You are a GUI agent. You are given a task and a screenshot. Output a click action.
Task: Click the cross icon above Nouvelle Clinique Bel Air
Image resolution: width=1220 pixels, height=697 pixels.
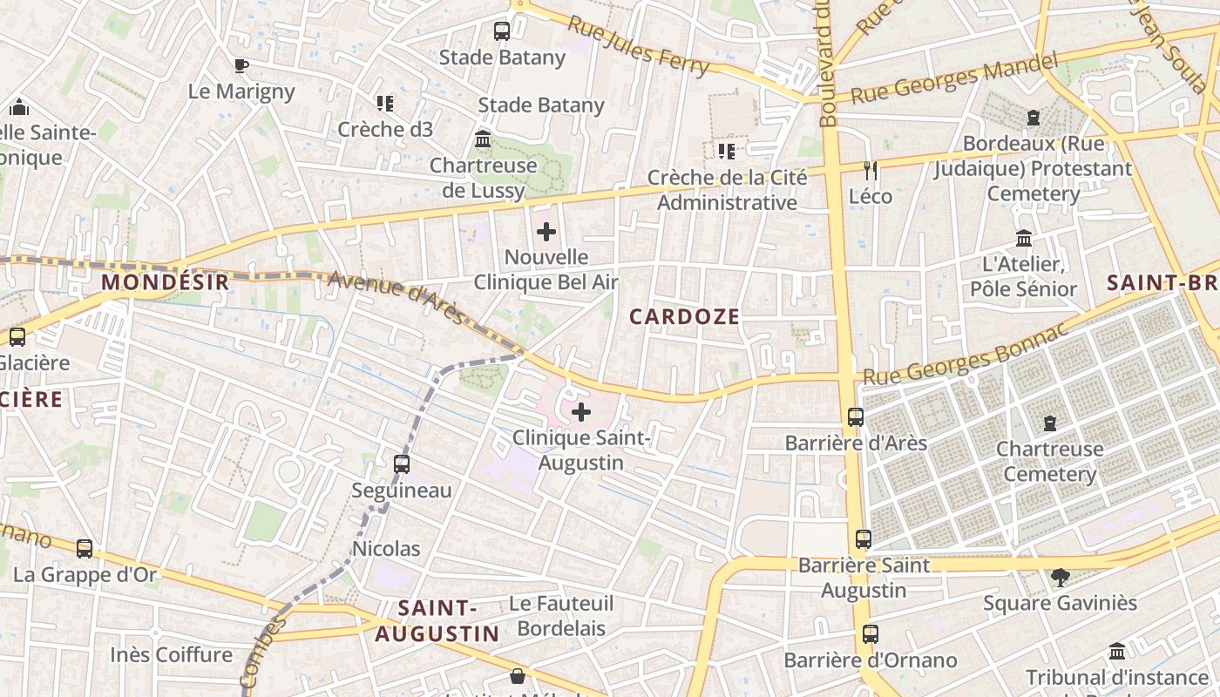click(546, 232)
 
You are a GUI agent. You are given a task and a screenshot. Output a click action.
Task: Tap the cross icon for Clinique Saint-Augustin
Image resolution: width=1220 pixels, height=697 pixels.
click(581, 412)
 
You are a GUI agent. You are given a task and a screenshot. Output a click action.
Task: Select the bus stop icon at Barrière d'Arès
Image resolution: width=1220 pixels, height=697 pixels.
click(856, 417)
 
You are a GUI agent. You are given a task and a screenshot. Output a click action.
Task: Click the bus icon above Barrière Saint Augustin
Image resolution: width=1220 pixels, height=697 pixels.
click(863, 539)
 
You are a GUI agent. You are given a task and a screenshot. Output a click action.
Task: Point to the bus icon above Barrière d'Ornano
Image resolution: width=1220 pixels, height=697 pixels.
click(870, 634)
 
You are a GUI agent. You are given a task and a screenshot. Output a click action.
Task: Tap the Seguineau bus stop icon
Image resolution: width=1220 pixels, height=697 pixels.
click(402, 464)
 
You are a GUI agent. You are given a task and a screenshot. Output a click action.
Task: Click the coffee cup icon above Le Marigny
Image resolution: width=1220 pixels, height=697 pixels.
click(241, 65)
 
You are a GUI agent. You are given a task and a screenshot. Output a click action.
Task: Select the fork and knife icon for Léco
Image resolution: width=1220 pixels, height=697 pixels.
click(870, 170)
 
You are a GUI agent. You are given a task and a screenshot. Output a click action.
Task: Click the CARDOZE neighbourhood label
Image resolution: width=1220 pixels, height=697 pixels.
click(684, 317)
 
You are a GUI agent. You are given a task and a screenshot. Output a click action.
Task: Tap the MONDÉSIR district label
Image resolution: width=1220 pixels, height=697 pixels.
click(166, 282)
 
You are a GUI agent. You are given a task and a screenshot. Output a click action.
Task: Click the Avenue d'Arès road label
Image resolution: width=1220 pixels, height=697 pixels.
click(396, 296)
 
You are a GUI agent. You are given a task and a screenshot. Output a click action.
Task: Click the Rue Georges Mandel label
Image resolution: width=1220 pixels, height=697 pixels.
click(954, 78)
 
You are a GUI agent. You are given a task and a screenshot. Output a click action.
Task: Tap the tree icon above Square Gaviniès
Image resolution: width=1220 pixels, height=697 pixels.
click(1060, 577)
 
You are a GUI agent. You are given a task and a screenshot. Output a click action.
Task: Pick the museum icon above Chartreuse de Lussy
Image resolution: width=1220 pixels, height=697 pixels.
click(483, 139)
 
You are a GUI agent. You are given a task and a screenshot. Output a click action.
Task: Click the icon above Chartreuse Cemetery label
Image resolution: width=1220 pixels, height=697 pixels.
click(1049, 423)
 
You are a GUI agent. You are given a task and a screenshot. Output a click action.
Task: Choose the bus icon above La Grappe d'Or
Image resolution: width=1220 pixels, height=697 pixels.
click(85, 549)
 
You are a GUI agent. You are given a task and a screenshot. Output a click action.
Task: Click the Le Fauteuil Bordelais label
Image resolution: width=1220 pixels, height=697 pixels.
click(561, 615)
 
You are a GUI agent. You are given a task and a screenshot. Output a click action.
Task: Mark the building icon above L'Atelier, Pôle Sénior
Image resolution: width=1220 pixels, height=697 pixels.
click(1024, 238)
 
